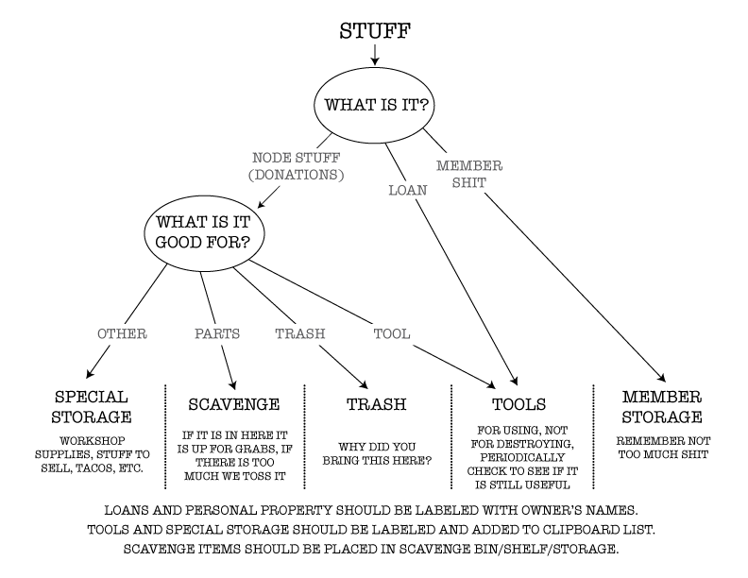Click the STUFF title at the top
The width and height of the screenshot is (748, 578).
pyautogui.click(x=374, y=31)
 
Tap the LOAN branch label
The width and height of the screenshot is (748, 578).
pyautogui.click(x=407, y=189)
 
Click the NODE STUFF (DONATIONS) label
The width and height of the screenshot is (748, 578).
pyautogui.click(x=297, y=166)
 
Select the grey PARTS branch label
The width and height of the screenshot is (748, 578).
pyautogui.click(x=216, y=332)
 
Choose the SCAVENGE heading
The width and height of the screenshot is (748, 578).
pyautogui.click(x=235, y=404)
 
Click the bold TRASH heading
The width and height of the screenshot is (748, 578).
pyautogui.click(x=376, y=404)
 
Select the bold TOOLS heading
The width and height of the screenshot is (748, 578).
pyautogui.click(x=518, y=404)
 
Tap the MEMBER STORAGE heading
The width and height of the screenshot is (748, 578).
pyautogui.click(x=661, y=405)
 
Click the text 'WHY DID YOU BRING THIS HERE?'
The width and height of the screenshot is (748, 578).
pyautogui.click(x=376, y=452)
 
